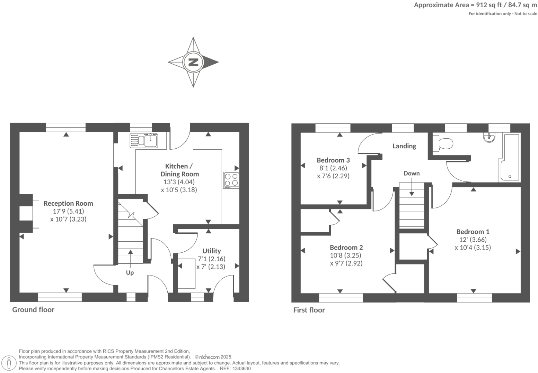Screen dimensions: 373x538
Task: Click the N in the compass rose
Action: [193, 62]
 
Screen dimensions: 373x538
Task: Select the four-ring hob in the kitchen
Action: [231, 180]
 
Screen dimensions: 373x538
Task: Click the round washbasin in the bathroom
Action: [490, 137]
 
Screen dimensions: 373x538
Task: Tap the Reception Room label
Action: [68, 203]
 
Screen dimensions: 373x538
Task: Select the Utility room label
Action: [211, 251]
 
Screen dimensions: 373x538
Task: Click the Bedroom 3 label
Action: [333, 160]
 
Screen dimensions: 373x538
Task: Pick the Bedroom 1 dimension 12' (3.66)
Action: [473, 240]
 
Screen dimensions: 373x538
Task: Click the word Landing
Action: [404, 146]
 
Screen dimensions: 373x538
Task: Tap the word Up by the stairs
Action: [130, 272]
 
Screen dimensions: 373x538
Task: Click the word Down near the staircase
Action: [412, 173]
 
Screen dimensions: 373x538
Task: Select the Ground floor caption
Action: [33, 309]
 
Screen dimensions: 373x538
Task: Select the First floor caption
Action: [309, 310]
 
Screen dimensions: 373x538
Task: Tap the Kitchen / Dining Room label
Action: [179, 170]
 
